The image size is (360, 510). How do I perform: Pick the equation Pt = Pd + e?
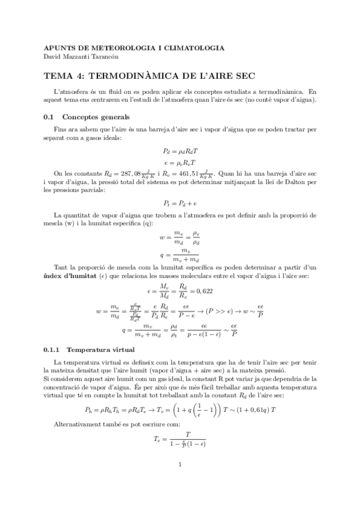[x=180, y=203]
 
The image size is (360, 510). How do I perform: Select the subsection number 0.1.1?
[x=53, y=349]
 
